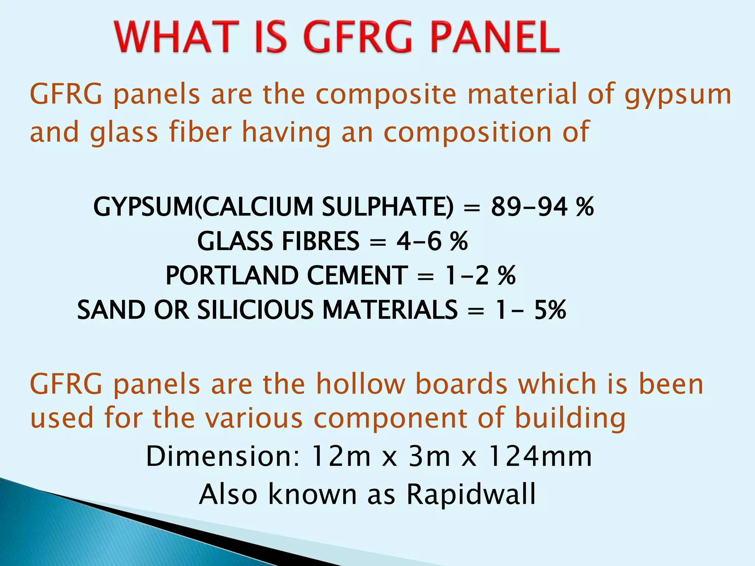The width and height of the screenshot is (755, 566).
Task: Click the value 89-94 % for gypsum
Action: (542, 207)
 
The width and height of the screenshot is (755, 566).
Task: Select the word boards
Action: (461, 384)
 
